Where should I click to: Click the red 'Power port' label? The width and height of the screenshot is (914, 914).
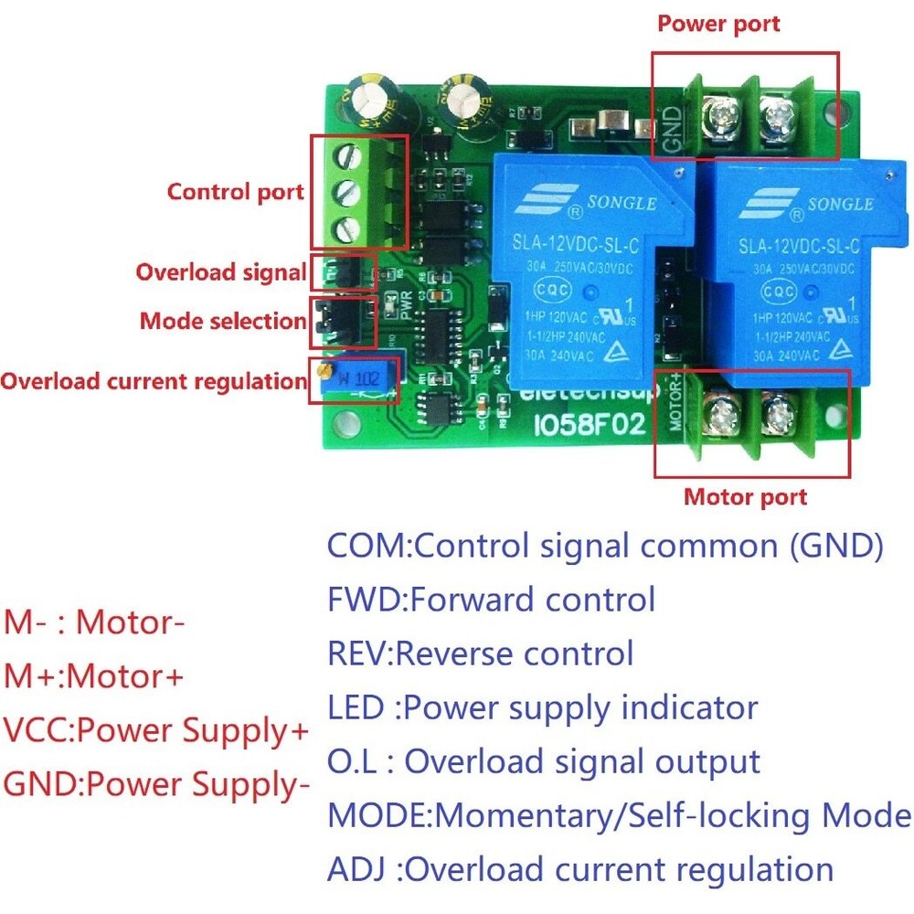coord(718,24)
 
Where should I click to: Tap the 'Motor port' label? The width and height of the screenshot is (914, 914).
coord(746,497)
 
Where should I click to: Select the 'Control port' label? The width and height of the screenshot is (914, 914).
coord(235,192)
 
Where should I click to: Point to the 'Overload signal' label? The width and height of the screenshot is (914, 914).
coord(221,272)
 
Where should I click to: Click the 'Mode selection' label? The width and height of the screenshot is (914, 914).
coord(222,321)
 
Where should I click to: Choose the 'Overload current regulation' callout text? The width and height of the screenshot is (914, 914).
coord(153,380)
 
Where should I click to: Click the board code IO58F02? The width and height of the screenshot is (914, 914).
coord(589,425)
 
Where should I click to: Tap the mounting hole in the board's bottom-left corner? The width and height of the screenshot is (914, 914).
coord(345,422)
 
